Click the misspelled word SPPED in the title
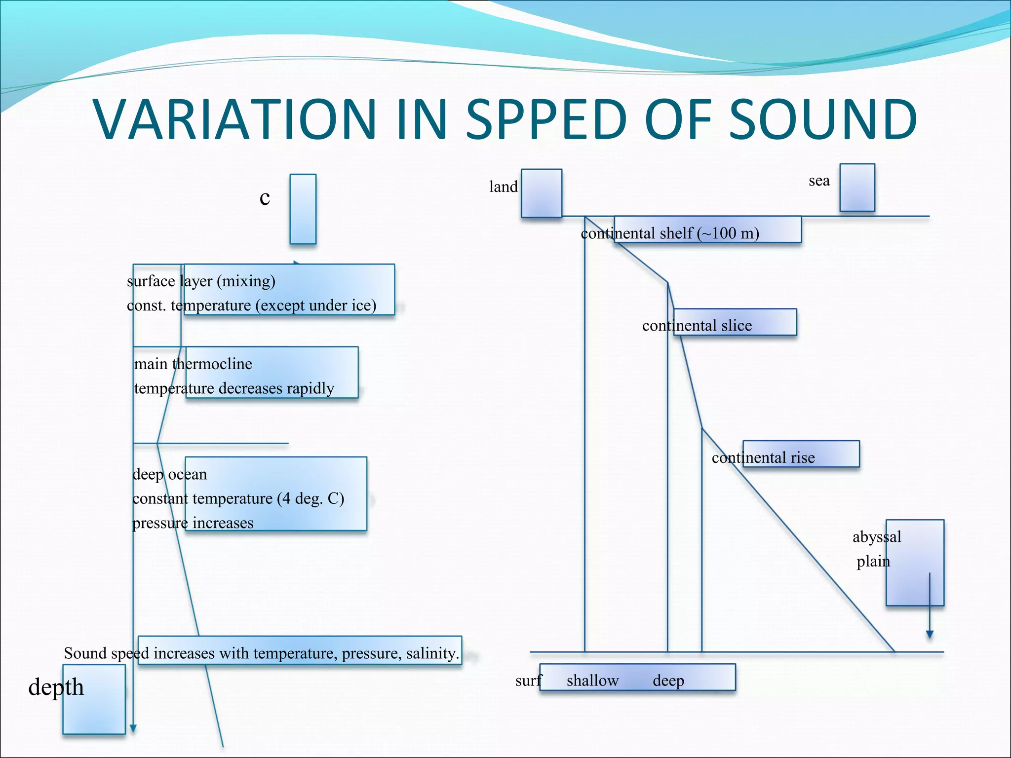547,119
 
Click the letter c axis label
265,197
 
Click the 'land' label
503,187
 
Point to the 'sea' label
819,181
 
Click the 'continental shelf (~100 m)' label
670,233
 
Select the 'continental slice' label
697,326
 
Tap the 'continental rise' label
763,458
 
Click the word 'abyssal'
876,537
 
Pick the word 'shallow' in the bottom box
592,681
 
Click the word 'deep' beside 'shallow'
668,681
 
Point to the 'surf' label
528,681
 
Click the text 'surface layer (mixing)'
201,281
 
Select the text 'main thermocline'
193,364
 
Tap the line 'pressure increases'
193,523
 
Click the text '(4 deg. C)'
311,498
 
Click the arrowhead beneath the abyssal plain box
930,635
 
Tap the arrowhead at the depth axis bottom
133,728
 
